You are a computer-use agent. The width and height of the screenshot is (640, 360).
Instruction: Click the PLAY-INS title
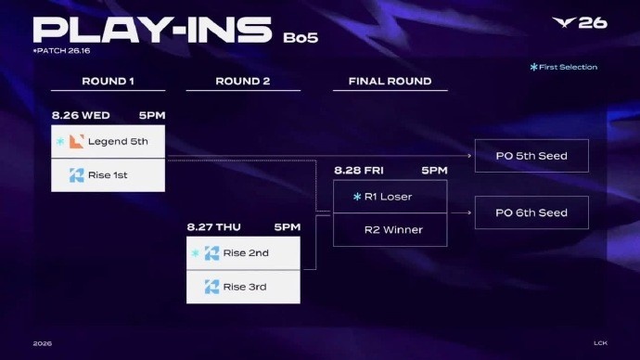point(152,30)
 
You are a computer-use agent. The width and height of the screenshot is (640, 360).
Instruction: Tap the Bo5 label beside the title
point(301,37)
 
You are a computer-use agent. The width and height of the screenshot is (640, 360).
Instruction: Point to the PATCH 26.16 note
point(61,51)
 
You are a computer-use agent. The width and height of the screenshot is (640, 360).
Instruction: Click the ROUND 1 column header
point(108,82)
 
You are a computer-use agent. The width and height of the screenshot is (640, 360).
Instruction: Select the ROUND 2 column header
point(243,82)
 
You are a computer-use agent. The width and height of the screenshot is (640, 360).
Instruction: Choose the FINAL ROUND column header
point(390,82)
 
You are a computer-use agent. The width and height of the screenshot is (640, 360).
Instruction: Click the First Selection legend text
point(568,67)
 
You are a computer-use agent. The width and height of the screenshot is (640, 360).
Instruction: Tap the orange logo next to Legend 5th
point(76,141)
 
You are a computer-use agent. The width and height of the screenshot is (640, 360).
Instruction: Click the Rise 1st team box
point(109,175)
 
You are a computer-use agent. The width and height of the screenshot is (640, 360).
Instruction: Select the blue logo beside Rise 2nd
point(211,253)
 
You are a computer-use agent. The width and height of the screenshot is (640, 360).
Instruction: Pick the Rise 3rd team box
point(243,287)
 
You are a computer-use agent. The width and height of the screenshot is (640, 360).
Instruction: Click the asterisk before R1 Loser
point(357,197)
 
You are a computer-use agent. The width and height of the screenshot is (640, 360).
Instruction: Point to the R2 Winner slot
point(390,230)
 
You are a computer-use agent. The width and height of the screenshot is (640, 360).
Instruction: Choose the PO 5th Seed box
point(531,156)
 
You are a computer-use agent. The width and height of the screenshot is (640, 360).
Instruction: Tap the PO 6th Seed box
point(531,212)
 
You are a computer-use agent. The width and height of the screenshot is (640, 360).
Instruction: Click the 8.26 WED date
point(81,115)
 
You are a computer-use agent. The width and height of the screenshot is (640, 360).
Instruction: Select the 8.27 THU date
point(214,227)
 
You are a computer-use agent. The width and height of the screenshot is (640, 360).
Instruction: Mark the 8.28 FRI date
point(359,170)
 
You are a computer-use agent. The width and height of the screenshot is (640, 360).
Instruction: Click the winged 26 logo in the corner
point(580,23)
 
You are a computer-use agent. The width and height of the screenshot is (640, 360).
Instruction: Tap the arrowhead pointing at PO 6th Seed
point(469,212)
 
